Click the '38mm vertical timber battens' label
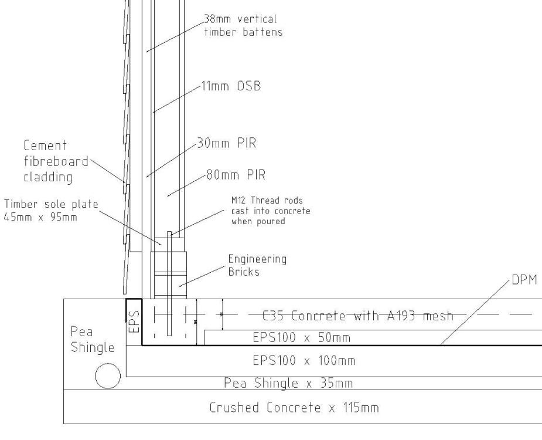click(243, 25)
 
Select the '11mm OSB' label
click(231, 86)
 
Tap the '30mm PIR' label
click(227, 143)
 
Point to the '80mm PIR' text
click(236, 174)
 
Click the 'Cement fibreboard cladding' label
click(56, 161)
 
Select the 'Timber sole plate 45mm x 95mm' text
click(51, 211)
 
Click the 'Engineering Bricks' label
click(257, 265)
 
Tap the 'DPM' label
click(524, 280)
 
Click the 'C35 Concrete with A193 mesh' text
click(358, 316)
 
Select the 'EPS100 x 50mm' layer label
click(301, 337)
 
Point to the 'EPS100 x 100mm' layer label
click(304, 361)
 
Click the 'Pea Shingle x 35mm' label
click(288, 383)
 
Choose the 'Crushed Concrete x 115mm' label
click(294, 408)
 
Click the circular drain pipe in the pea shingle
click(108, 376)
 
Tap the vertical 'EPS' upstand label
click(134, 321)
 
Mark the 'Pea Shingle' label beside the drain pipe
click(93, 339)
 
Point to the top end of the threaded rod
click(169, 232)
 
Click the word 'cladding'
click(48, 177)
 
